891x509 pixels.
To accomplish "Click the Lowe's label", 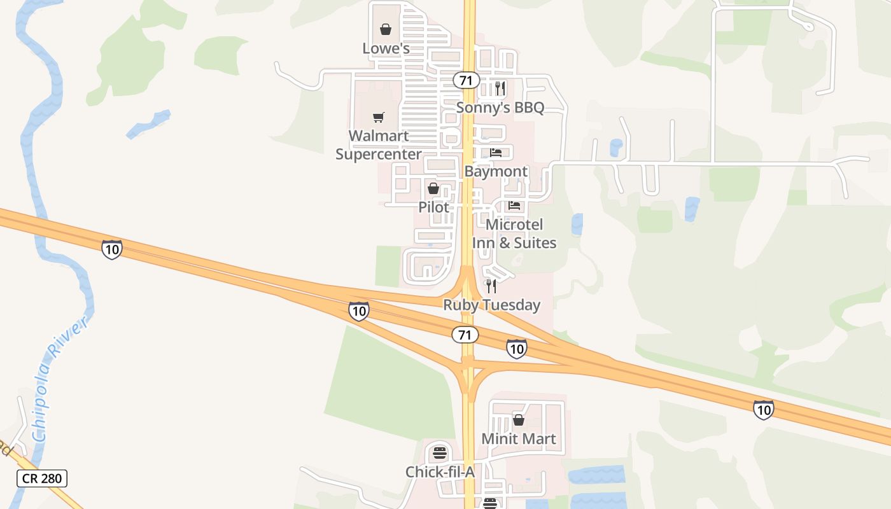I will tap(386, 48).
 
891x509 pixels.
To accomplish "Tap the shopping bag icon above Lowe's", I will tap(386, 29).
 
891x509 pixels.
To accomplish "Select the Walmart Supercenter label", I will tap(379, 145).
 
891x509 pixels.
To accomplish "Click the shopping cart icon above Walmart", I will tap(379, 117).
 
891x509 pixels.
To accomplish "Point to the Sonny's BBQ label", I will tap(500, 108).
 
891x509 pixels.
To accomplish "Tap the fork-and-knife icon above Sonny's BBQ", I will tap(500, 88).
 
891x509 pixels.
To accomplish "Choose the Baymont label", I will tap(496, 171).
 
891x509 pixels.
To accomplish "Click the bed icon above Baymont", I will tap(496, 153).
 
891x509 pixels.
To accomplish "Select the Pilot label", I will tap(433, 207).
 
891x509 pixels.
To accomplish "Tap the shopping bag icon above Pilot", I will tap(433, 189).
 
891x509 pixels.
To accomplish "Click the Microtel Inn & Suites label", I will tap(514, 234).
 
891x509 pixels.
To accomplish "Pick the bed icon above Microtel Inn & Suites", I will tap(514, 206).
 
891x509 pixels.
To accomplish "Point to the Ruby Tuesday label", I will tap(491, 305).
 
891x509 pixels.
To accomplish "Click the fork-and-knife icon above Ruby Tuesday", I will tap(491, 286).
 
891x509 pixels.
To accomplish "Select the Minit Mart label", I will tap(519, 438).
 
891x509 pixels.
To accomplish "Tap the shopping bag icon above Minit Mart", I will tap(519, 420).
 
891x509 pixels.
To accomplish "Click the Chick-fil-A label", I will tap(440, 471).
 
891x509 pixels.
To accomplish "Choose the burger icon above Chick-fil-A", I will tap(440, 454).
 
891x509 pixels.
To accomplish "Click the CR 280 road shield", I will tap(42, 478).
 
